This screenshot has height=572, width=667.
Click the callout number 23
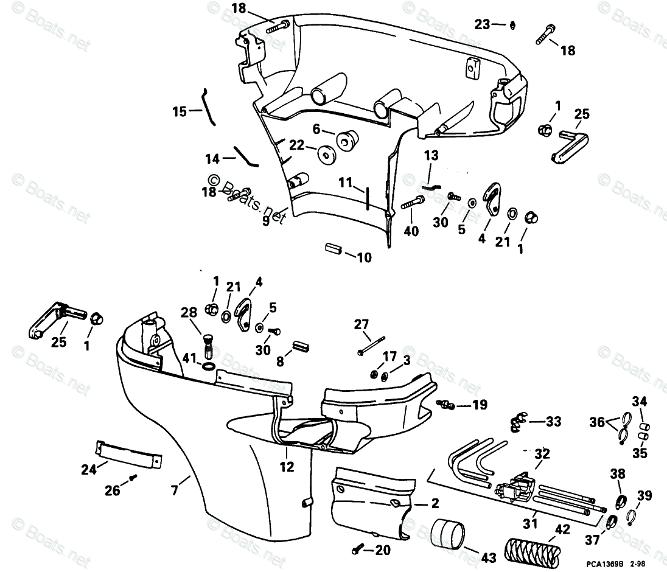pos(482,24)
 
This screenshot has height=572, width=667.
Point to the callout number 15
pos(180,111)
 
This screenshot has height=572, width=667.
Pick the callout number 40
pos(411,231)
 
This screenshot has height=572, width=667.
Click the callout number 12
pos(287,467)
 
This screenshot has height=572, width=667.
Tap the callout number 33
pos(553,421)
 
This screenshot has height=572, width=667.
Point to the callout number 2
pos(435,503)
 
